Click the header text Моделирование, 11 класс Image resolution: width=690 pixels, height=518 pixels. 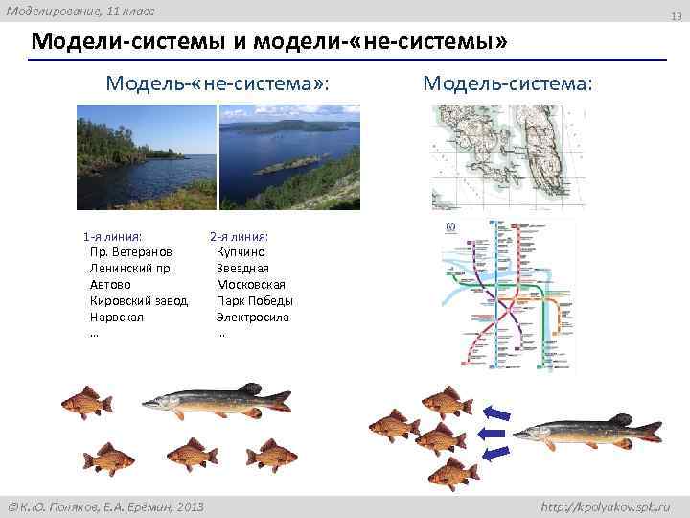pos(80,11)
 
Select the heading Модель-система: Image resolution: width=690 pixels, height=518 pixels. pos(508,83)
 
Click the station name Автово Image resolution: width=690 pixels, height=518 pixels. pos(108,285)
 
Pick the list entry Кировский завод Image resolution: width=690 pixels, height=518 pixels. pos(138,301)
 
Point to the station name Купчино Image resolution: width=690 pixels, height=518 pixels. pos(241,252)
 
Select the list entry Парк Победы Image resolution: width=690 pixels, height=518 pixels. pos(254,301)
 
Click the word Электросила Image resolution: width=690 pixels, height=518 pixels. pos(252,318)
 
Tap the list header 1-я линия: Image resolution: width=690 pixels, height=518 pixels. pos(113,236)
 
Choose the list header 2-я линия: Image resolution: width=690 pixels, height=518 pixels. pos(239,236)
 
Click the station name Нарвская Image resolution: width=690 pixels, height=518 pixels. pos(116,318)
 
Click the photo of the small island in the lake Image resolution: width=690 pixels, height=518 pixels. pos(288,156)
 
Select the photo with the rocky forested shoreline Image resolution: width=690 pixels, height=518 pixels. pos(146,156)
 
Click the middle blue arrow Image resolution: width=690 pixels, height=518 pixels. pos(495,434)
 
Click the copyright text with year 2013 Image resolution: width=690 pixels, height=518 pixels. pos(105,506)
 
